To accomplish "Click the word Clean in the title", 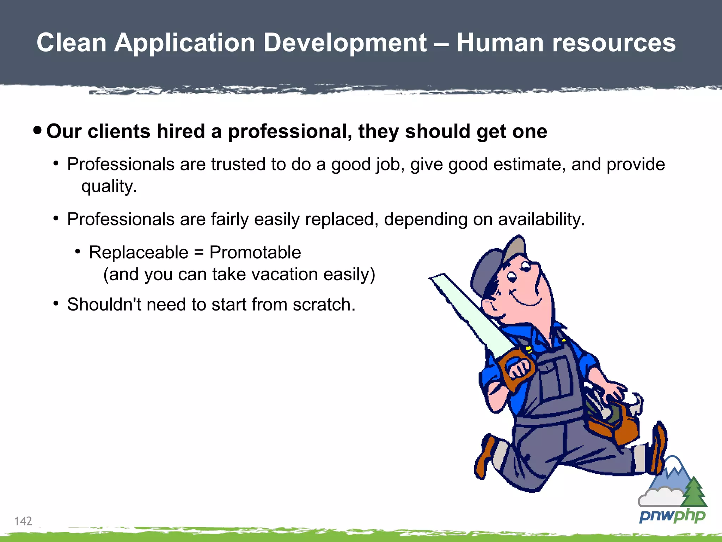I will click(72, 43).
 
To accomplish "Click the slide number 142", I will click(23, 521).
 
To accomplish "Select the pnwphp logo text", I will click(672, 516).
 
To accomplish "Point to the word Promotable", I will click(255, 252).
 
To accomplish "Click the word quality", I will click(109, 186).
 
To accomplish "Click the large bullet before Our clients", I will click(37, 131).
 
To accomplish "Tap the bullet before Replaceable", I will click(78, 251).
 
